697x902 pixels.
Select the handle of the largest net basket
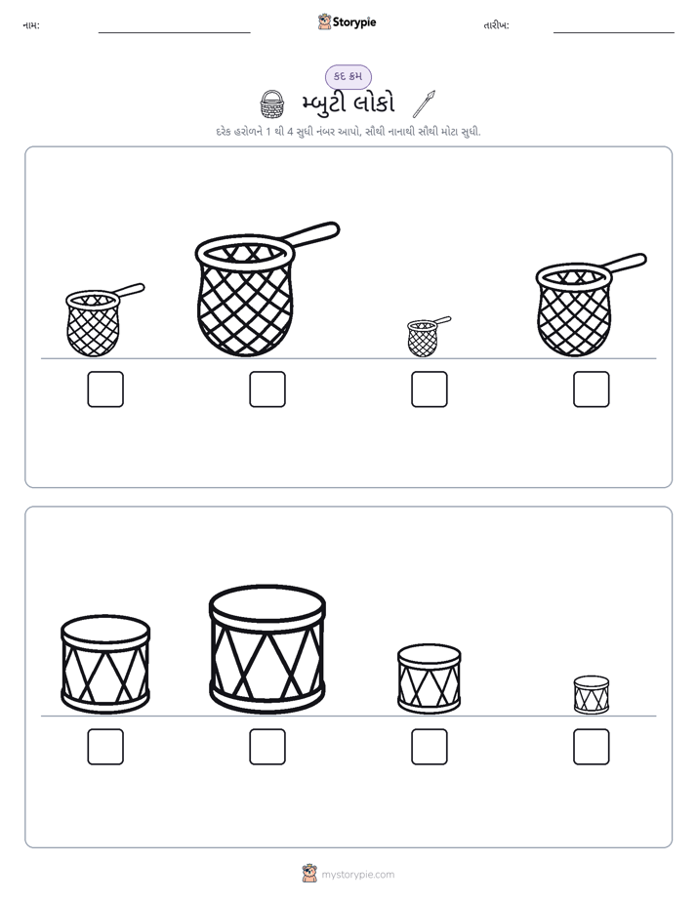click(313, 233)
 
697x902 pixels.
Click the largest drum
click(267, 649)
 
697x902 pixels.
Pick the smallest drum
click(592, 695)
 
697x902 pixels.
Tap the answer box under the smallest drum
click(592, 747)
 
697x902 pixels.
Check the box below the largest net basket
click(267, 389)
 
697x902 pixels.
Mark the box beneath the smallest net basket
click(430, 389)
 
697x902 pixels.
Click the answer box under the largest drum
click(267, 747)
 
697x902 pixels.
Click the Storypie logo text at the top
click(354, 21)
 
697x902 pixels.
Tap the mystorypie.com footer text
click(357, 875)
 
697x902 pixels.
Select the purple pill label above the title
click(348, 76)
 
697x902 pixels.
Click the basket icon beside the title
click(272, 103)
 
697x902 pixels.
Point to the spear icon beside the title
click(425, 103)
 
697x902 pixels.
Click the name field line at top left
click(174, 33)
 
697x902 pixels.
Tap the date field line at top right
click(614, 33)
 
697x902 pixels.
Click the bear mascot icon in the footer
click(309, 874)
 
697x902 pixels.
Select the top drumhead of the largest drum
click(267, 603)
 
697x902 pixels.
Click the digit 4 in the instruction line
click(291, 132)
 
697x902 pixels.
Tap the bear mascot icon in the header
click(324, 21)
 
